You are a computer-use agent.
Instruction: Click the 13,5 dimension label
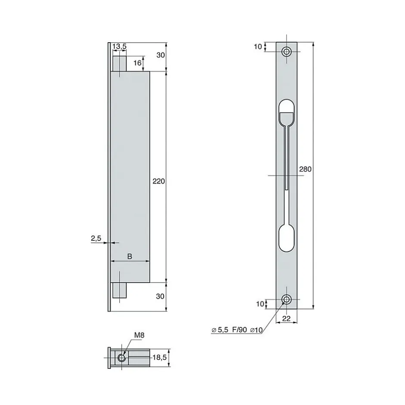[119, 46]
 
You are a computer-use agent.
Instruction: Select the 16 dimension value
[137, 63]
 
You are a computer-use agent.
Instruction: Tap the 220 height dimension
[159, 181]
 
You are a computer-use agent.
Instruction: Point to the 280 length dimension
[305, 169]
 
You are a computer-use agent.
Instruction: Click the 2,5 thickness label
[96, 238]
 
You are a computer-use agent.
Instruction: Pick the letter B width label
[130, 256]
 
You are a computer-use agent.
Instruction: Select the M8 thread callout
[138, 335]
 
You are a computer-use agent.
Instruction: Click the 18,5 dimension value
[159, 357]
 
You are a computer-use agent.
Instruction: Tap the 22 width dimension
[287, 318]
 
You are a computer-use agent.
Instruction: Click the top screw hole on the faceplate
[287, 52]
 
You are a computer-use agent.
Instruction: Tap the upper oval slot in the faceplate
[287, 113]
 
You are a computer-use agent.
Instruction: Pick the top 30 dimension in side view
[160, 55]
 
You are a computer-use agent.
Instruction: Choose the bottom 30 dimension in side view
[160, 296]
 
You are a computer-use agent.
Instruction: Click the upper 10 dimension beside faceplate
[258, 47]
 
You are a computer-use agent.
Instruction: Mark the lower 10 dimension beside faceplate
[259, 304]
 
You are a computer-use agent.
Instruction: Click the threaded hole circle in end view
[122, 357]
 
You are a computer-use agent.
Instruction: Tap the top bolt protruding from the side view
[119, 62]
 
